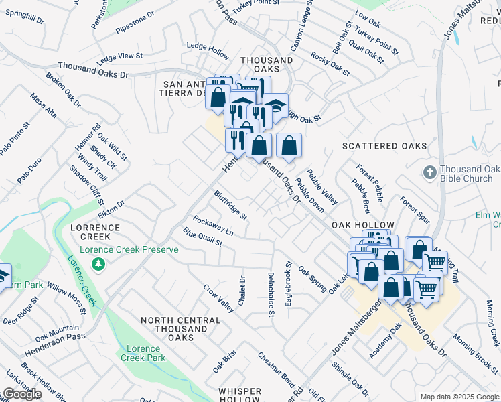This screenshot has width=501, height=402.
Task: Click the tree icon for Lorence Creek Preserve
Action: pyautogui.click(x=99, y=265)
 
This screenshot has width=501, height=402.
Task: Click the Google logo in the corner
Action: pyautogui.click(x=21, y=394)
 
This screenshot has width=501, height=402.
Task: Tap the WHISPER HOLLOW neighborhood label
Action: pyautogui.click(x=239, y=395)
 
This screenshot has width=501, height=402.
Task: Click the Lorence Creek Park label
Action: pyautogui.click(x=141, y=353)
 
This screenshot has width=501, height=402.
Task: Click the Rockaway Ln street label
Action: pyautogui.click(x=213, y=225)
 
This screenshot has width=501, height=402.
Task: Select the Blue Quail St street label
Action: pyautogui.click(x=202, y=237)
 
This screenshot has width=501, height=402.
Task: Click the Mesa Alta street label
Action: pyautogui.click(x=44, y=105)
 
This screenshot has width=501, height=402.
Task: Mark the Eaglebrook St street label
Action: pyautogui.click(x=289, y=285)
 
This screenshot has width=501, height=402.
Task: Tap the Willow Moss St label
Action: pyautogui.click(x=66, y=297)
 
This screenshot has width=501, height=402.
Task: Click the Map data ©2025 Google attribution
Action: pyautogui.click(x=459, y=396)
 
